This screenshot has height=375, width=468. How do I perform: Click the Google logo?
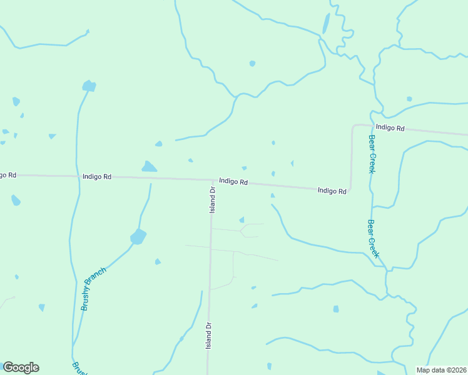(x=21, y=367)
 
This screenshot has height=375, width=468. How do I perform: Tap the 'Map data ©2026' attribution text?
(x=441, y=370)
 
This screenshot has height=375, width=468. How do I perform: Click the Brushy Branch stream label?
(x=94, y=288)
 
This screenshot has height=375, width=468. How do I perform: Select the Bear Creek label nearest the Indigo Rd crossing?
(x=372, y=154)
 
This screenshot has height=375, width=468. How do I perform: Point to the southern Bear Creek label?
(x=374, y=238)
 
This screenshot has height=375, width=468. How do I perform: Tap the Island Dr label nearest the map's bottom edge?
(x=209, y=335)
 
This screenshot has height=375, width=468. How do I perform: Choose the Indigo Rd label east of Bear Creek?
(x=390, y=127)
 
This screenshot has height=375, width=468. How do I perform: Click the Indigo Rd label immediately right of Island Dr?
(x=233, y=182)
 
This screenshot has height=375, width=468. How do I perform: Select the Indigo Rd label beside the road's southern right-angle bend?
(x=332, y=191)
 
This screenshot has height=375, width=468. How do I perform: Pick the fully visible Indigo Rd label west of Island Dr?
(x=96, y=177)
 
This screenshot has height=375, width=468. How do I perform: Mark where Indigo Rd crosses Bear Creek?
(x=372, y=126)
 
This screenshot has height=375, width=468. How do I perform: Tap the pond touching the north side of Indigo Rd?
(x=149, y=167)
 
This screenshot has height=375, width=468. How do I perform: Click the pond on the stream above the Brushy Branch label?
(x=138, y=237)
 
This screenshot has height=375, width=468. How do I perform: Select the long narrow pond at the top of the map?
(x=326, y=24)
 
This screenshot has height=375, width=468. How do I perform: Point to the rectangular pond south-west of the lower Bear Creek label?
(x=336, y=309)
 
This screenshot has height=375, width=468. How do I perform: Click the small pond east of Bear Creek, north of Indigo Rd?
(x=409, y=99)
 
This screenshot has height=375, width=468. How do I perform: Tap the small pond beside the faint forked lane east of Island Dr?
(x=242, y=219)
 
